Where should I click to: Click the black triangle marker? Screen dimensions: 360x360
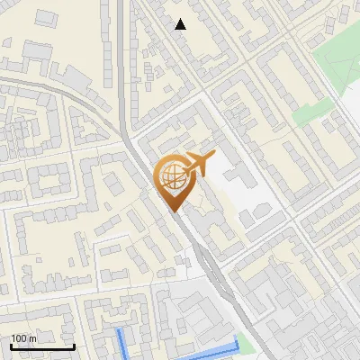click(x=181, y=24)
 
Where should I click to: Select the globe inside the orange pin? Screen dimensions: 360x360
click(x=172, y=178)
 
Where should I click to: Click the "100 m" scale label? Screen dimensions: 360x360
click(x=24, y=337)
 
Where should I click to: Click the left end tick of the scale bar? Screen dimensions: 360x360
click(x=12, y=345)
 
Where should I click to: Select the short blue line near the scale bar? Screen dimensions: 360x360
click(x=121, y=343)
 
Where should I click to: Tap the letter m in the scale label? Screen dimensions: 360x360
click(x=33, y=338)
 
